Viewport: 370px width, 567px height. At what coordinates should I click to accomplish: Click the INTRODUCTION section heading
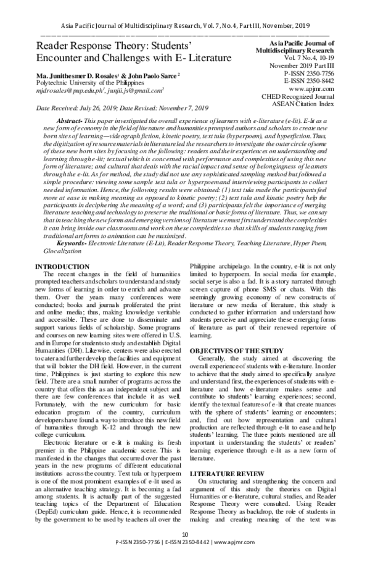(x=64, y=265)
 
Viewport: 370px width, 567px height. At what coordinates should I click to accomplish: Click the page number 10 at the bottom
(x=185, y=552)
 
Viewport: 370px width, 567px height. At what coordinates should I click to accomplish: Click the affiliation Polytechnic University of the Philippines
(x=94, y=82)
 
